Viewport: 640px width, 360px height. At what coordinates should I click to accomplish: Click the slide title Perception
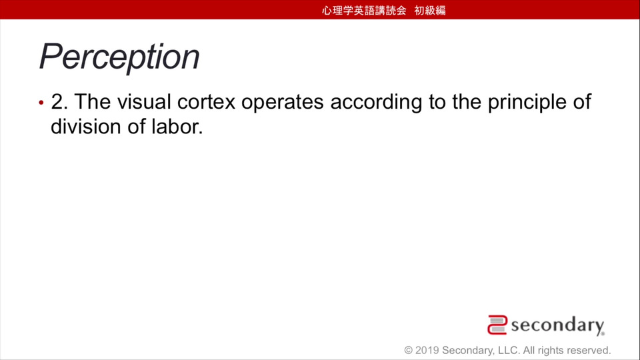point(119,57)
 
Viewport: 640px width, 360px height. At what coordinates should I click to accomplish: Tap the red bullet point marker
point(41,103)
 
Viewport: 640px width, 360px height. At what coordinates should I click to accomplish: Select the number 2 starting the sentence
point(59,101)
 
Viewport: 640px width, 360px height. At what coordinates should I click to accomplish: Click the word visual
point(144,101)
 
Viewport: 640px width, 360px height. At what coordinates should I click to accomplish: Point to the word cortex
point(206,102)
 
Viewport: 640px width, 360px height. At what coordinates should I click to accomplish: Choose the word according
point(376,103)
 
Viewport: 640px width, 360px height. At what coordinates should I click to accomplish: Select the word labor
point(177,127)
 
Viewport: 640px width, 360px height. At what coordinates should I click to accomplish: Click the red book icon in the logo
point(497,325)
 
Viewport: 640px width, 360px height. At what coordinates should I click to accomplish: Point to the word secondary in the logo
point(557,326)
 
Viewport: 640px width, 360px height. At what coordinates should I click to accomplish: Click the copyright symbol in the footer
point(409,350)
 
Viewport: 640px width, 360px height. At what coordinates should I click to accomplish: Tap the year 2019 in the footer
point(427,350)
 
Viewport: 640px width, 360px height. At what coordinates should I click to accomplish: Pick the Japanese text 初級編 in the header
point(430,10)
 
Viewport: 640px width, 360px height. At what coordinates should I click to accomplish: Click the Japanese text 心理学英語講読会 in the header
point(364,10)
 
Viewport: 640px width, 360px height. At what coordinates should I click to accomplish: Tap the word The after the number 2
point(92,101)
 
